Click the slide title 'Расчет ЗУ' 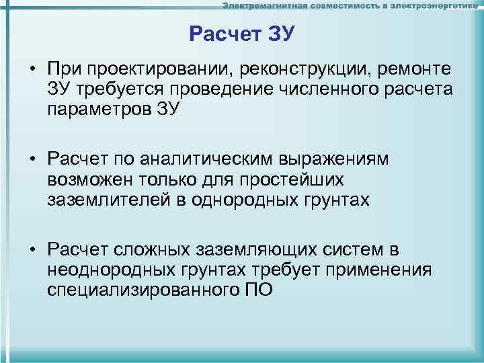tap(242, 34)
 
